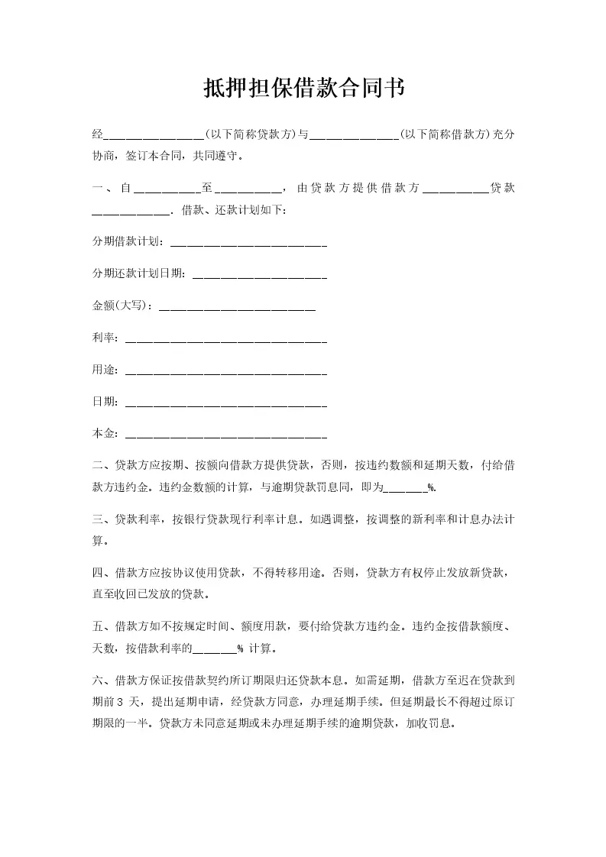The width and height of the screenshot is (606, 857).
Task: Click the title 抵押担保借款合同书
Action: pos(303,89)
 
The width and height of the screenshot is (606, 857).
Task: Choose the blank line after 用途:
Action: pos(225,373)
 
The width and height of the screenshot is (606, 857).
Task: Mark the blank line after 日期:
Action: pos(225,405)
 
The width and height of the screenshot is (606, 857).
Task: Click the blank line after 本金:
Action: pos(225,437)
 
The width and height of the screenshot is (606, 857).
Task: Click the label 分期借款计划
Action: pos(126,241)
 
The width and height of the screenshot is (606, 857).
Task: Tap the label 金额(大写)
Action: pos(121,306)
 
